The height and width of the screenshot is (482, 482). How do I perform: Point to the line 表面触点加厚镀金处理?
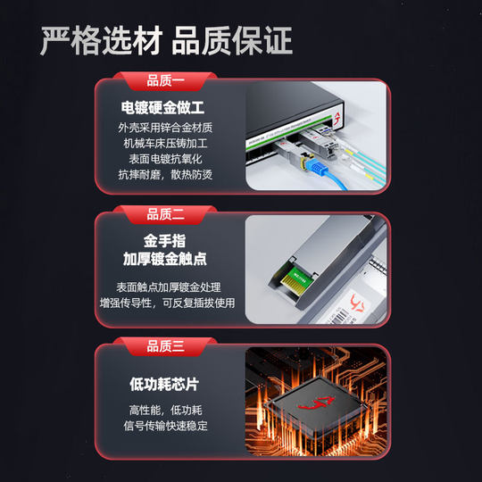click(168, 287)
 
